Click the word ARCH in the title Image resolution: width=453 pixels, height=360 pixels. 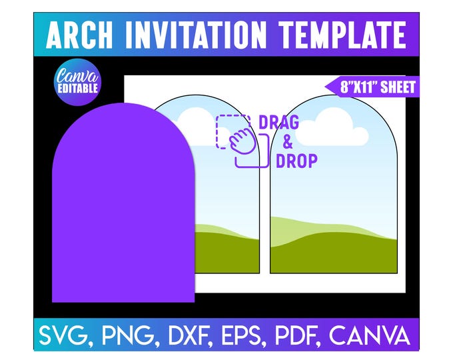coord(79,35)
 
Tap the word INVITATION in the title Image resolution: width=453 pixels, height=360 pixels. coord(196,35)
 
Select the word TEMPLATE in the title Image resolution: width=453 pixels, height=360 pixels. coord(342,35)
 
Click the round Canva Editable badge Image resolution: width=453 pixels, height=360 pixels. coord(77,82)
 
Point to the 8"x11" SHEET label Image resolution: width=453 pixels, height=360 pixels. coord(372,87)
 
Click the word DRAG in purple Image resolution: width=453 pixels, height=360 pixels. coord(278,122)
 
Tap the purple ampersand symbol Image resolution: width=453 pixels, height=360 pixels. coord(287,142)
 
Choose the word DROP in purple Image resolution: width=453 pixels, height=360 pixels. coord(296,161)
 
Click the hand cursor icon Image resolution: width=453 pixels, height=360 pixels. coord(242,141)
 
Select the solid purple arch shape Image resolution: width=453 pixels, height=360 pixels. coord(123,203)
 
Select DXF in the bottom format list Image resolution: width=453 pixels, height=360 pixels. coord(189,336)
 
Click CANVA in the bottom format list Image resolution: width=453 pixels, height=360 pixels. coord(370,336)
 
